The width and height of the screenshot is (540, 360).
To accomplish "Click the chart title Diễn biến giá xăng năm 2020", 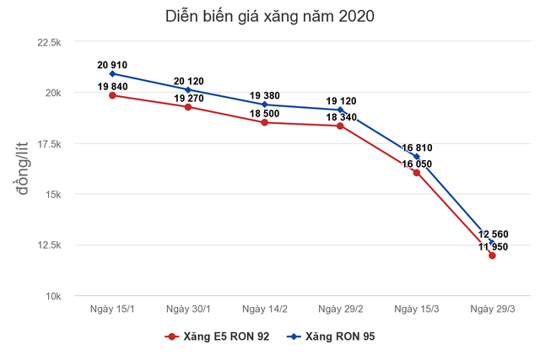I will coord(270,15).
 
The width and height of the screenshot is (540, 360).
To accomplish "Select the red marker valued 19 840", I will coord(112,95).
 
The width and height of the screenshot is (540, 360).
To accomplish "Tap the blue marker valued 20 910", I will coord(112,73).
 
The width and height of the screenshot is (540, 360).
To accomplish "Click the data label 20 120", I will coord(188,81).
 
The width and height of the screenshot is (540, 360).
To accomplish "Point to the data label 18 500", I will coord(264,111).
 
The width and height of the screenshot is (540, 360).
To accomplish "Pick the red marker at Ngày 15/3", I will coord(416,172).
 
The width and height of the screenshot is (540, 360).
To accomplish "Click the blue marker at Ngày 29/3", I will coord(492,242).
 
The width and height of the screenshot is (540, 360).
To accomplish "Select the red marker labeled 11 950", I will coord(492,255).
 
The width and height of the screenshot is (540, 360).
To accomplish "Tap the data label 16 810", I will coord(416,146).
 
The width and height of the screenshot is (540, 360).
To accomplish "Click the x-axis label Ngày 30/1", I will coord(188,310).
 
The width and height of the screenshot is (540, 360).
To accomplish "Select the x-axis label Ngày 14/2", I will coord(264,310).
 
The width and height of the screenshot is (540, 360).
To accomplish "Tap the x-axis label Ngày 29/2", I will coord(340,310).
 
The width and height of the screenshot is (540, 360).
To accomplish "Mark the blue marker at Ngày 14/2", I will coord(264,105).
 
